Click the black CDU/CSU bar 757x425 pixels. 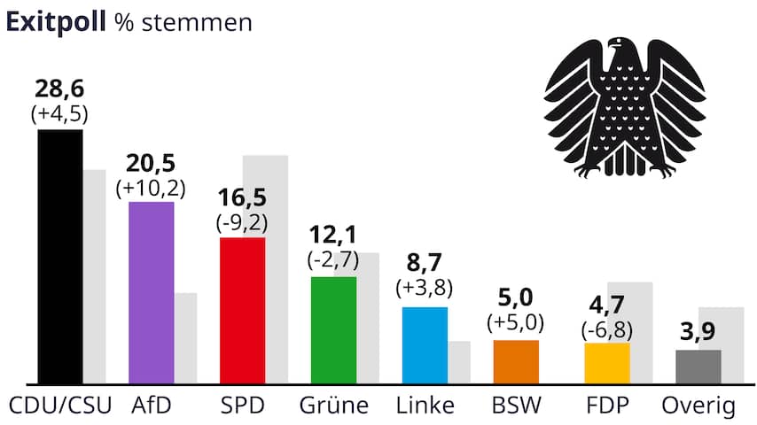tap(60, 257)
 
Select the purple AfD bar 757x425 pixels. tap(152, 293)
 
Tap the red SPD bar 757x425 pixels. tap(242, 311)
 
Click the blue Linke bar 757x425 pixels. tap(425, 345)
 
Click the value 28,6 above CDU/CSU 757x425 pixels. tap(59, 89)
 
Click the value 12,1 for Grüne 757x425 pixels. tap(333, 236)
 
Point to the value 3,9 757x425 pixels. tap(698, 334)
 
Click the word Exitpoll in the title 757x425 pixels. tap(56, 22)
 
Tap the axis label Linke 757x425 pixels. tap(425, 406)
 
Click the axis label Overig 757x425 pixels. tap(699, 406)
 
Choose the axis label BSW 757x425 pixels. tap(516, 406)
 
